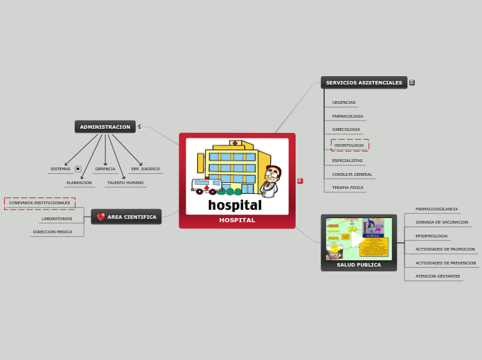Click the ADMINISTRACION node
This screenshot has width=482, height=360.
coord(105,127)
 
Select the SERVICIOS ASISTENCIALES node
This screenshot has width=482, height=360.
coord(364,82)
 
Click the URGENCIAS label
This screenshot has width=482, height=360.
coord(343,102)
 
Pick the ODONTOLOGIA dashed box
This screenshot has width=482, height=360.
coord(350,145)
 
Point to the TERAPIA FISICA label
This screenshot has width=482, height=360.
coord(348,188)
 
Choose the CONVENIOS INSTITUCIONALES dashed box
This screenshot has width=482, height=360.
coord(39,203)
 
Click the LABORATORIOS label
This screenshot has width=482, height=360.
coord(57,219)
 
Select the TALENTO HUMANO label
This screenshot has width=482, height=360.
coord(125,183)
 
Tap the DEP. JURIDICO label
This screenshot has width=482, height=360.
coord(145,169)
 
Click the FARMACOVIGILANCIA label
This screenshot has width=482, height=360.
coord(436,209)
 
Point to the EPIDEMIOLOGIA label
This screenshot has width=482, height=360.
coord(431,236)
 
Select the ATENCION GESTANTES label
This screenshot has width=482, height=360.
coord(438,276)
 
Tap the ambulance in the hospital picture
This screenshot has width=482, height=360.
coord(206,186)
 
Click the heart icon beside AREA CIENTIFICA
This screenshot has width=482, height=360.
coord(101,217)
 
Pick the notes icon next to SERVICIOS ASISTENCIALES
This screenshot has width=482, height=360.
coord(411,82)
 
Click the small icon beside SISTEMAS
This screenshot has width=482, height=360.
coord(78,169)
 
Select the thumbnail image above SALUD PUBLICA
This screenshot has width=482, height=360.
coord(359,239)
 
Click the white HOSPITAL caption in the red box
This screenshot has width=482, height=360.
coord(237,220)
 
